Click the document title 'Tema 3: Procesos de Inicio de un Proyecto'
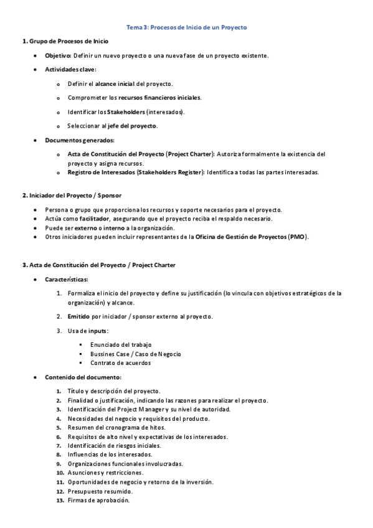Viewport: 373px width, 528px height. click(x=187, y=28)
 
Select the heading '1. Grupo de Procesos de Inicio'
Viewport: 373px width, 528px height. click(x=65, y=41)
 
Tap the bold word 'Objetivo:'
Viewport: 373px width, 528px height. click(x=58, y=55)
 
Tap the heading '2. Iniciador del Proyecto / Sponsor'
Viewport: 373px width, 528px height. click(x=72, y=196)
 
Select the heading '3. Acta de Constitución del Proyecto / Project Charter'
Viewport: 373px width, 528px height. click(x=99, y=265)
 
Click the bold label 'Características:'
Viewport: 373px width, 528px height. click(x=67, y=279)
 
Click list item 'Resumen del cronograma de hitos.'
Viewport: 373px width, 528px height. click(x=115, y=427)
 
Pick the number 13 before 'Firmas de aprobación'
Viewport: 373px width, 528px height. click(x=60, y=500)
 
